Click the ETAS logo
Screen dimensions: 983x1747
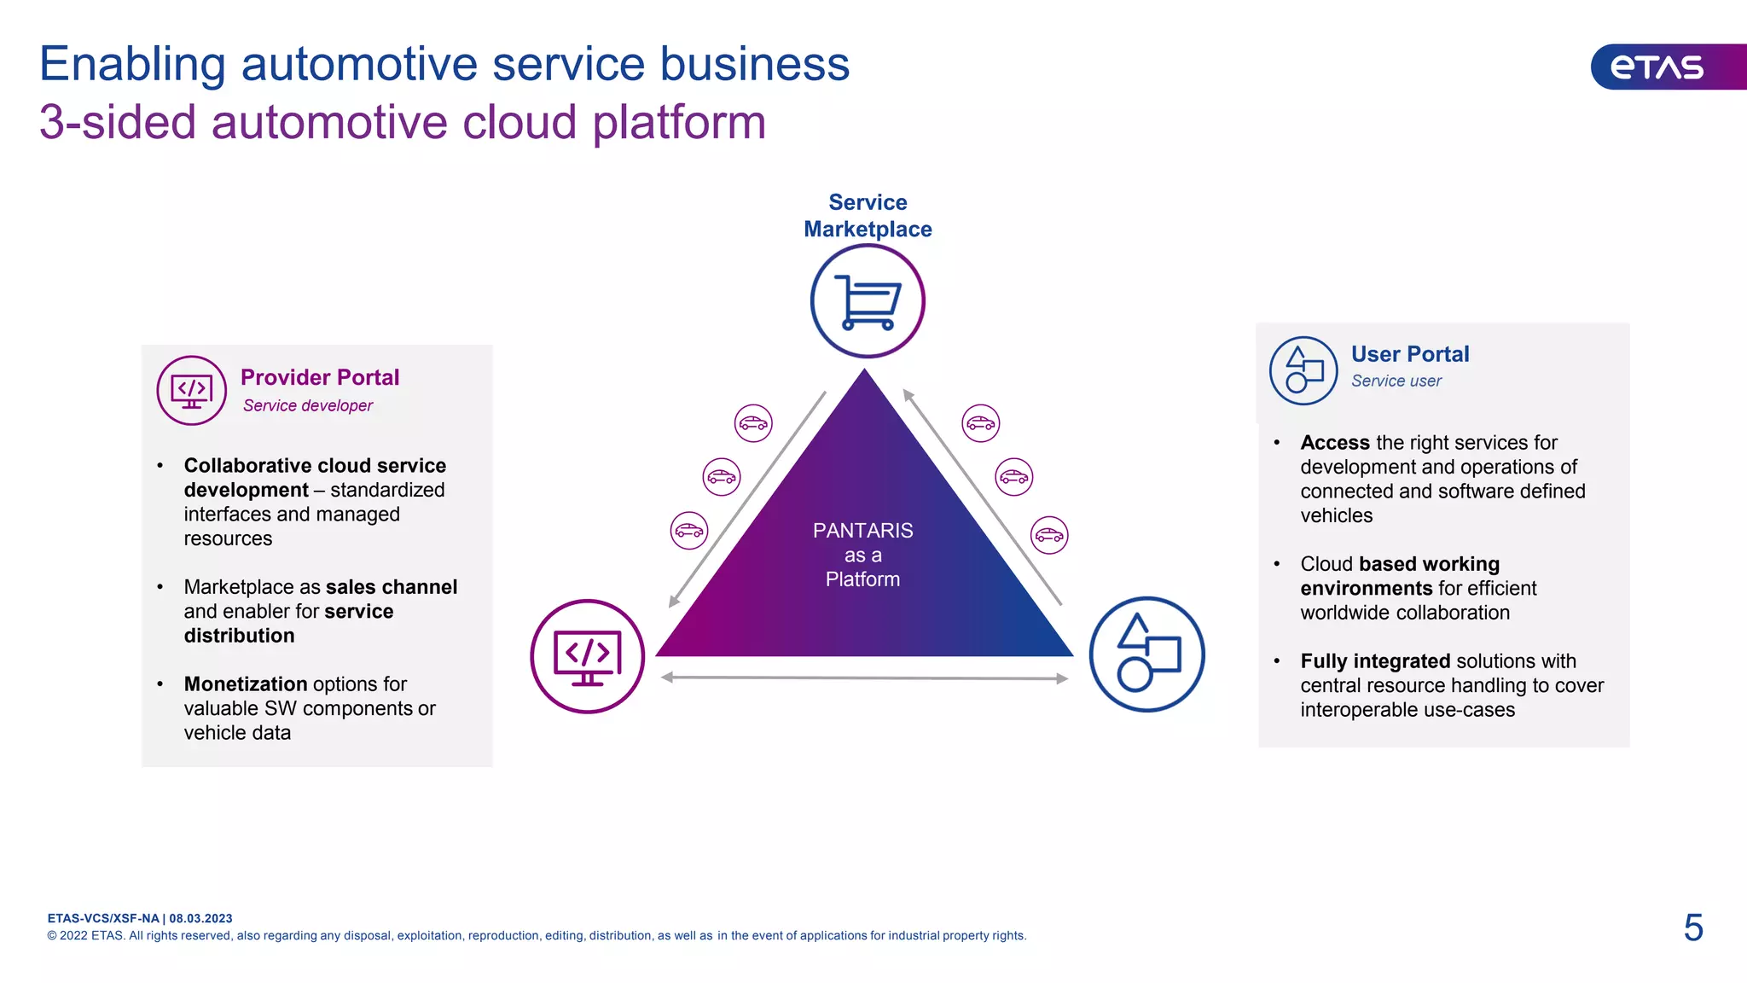click(1657, 67)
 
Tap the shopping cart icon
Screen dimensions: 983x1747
click(868, 300)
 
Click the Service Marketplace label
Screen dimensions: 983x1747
click(868, 215)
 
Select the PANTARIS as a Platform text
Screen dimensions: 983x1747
click(862, 555)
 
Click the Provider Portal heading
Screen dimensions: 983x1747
click(320, 377)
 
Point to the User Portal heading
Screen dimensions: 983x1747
click(1409, 354)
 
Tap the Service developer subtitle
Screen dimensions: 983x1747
click(307, 405)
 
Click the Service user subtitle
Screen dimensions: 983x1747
click(1396, 381)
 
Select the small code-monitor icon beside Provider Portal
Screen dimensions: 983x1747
click(192, 391)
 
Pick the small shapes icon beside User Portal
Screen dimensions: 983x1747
click(1303, 370)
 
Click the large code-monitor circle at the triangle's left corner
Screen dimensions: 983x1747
click(588, 656)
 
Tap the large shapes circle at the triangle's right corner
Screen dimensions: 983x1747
click(1147, 654)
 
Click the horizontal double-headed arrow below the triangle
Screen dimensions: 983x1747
click(864, 678)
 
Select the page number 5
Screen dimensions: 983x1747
click(1693, 928)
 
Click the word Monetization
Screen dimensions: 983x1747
click(246, 684)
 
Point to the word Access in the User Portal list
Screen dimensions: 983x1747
click(1334, 443)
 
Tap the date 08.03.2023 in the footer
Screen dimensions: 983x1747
click(200, 918)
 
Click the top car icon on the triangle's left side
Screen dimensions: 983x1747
click(753, 423)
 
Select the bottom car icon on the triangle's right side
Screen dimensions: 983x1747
click(1049, 535)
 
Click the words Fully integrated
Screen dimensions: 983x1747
click(1375, 661)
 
